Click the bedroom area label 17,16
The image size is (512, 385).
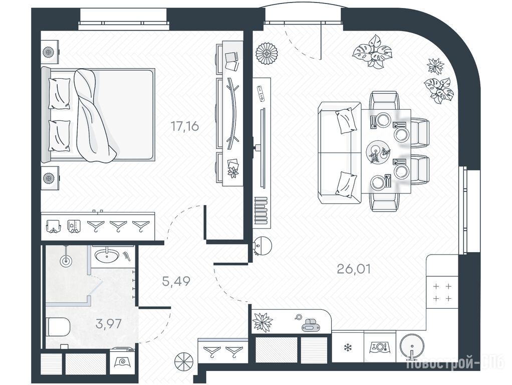click(185, 126)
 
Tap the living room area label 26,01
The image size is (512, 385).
click(354, 269)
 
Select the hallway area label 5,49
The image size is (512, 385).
click(176, 281)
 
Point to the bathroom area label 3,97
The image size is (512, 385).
click(109, 324)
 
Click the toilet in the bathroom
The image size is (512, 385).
click(59, 327)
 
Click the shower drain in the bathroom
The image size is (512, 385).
click(66, 261)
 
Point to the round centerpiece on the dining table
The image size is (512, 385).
click(377, 151)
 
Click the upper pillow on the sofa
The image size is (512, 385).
click(346, 120)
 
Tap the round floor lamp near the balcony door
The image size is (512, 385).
click(267, 54)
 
